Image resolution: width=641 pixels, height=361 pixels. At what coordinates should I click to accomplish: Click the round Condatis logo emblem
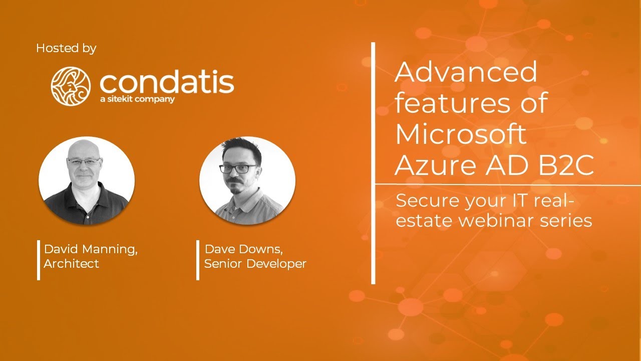pyautogui.click(x=71, y=86)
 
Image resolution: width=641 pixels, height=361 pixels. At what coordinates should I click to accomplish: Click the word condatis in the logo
pyautogui.click(x=167, y=82)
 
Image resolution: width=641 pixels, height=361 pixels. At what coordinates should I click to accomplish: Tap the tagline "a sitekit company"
pyautogui.click(x=137, y=99)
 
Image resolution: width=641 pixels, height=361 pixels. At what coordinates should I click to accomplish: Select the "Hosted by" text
pyautogui.click(x=66, y=49)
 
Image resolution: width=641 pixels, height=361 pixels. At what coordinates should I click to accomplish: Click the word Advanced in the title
pyautogui.click(x=466, y=72)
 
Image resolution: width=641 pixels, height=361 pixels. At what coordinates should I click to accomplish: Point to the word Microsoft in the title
pyautogui.click(x=461, y=134)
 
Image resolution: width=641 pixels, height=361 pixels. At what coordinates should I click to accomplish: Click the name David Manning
pyautogui.click(x=91, y=249)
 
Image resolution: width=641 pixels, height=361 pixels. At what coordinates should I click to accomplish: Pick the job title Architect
pyautogui.click(x=71, y=264)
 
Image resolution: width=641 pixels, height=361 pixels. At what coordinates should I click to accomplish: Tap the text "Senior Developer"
pyautogui.click(x=255, y=264)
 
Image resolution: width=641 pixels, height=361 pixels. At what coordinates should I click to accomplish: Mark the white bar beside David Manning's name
pyautogui.click(x=39, y=260)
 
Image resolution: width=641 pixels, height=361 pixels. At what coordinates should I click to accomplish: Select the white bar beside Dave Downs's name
pyautogui.click(x=198, y=260)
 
